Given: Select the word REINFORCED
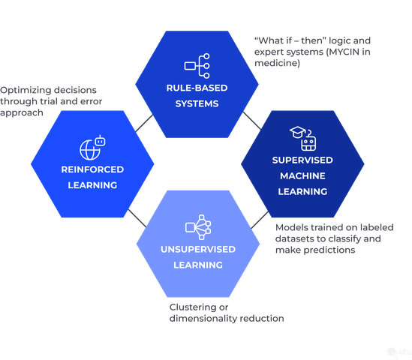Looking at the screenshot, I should click(x=92, y=169).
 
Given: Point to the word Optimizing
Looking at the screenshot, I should click(x=23, y=88).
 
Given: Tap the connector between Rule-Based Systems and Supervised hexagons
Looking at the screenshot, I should click(x=249, y=120).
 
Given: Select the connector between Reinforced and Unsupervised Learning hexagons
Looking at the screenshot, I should click(x=137, y=217).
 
